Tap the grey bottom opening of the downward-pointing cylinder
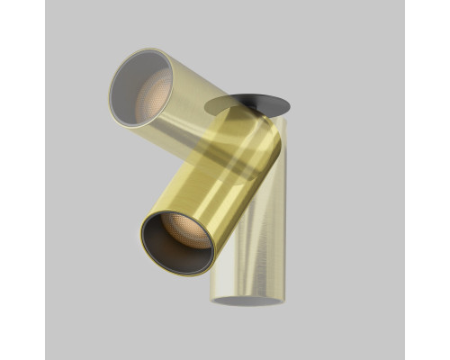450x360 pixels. coord(246,301)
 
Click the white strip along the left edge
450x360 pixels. coord(22,180)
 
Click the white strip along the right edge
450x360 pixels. coord(427,180)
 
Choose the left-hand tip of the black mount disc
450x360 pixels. coord(204,106)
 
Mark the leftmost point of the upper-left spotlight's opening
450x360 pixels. coord(110,95)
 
